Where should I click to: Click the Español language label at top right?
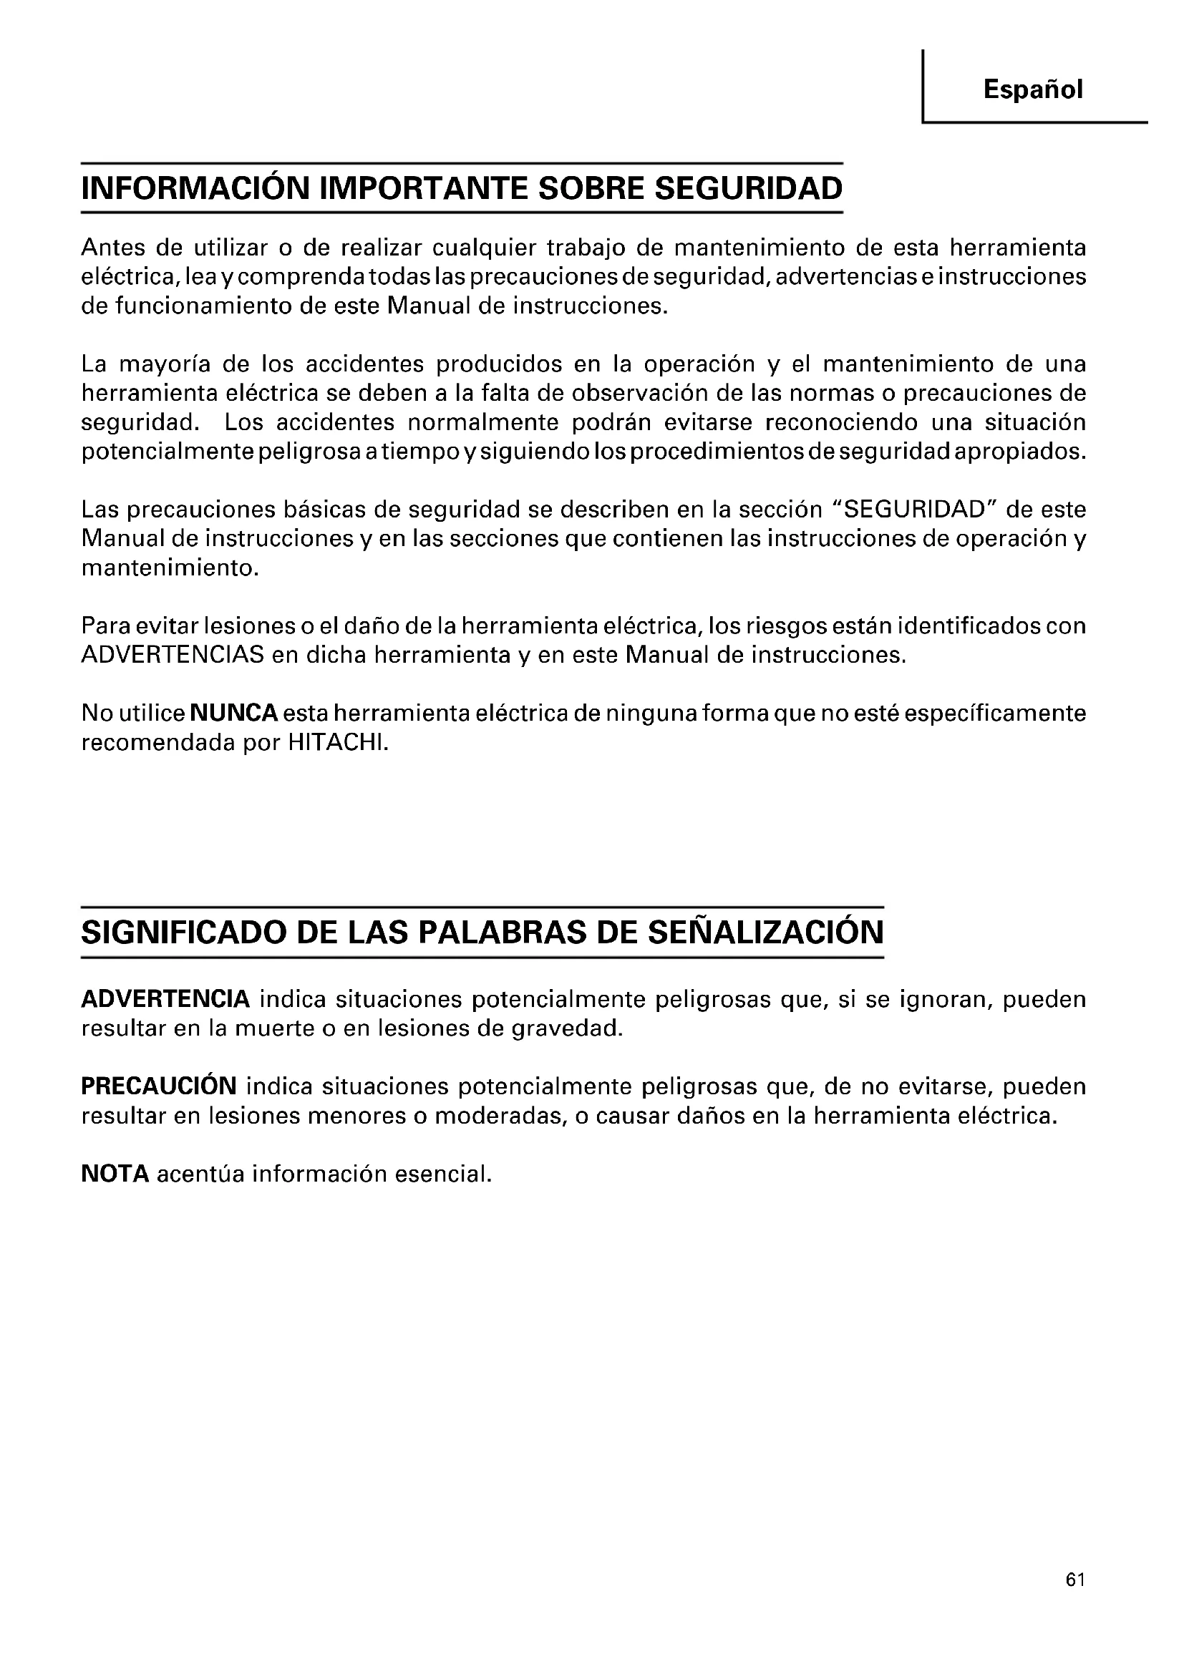1032,89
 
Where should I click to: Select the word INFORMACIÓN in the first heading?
195,188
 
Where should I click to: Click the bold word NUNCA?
233,713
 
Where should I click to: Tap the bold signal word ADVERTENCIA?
165,999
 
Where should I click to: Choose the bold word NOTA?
115,1174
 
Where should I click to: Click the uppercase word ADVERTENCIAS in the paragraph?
173,655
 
